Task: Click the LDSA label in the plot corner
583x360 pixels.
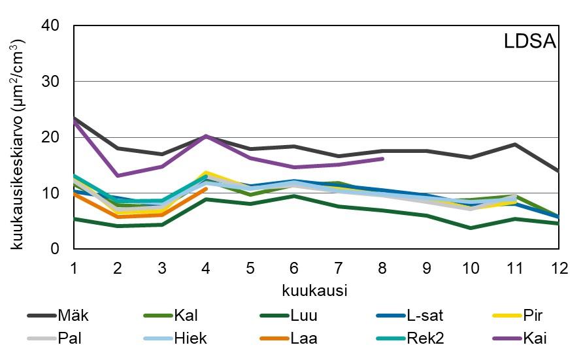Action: click(529, 42)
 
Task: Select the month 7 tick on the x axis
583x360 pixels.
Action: click(339, 268)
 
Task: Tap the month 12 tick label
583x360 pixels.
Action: click(559, 268)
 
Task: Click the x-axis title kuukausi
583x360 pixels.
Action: click(315, 288)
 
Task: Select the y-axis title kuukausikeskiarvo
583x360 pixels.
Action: click(20, 137)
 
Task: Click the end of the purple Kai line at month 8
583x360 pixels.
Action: click(382, 159)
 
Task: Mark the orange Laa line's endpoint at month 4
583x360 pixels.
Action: click(206, 189)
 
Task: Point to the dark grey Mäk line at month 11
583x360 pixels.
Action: click(515, 144)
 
